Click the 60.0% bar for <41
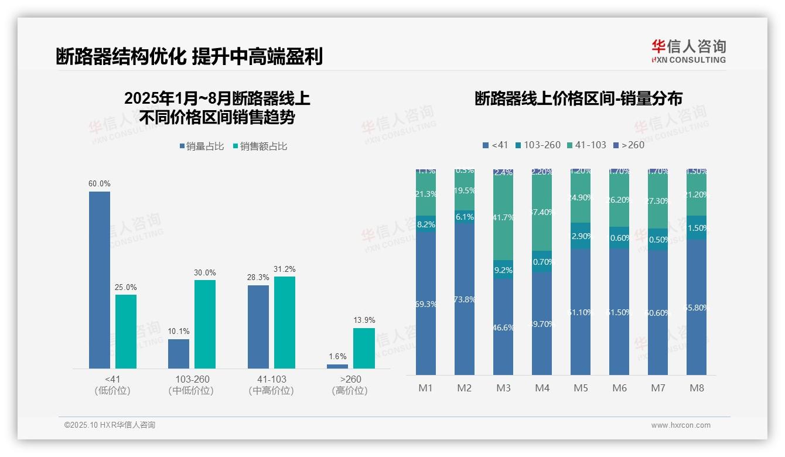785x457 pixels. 100,279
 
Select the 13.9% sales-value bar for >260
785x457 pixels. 364,348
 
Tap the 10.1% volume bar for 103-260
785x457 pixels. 179,354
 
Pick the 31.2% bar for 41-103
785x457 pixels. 285,322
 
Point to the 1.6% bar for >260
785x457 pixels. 337,366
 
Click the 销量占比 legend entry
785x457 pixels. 202,146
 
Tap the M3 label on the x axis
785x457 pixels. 504,388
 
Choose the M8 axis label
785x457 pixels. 697,388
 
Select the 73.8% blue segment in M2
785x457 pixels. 465,299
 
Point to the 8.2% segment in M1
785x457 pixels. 426,224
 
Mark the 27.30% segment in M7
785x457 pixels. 658,201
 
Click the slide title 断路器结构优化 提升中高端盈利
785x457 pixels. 189,57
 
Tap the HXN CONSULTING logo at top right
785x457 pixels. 688,52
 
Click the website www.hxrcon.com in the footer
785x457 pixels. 681,425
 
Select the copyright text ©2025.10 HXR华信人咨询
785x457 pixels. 110,425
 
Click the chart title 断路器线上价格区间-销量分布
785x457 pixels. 578,98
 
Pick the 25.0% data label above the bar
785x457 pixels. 126,288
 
